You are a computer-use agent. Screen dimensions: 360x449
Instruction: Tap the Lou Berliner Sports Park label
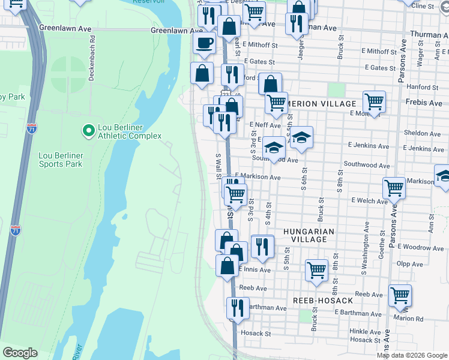click(x=60, y=159)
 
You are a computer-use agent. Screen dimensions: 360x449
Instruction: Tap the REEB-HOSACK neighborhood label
click(x=318, y=299)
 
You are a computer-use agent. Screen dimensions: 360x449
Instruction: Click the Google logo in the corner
click(x=20, y=353)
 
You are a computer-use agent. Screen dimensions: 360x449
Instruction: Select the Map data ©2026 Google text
click(x=412, y=355)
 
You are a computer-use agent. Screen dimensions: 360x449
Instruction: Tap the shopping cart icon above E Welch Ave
click(x=394, y=187)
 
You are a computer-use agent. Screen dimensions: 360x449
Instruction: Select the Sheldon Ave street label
click(x=423, y=133)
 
